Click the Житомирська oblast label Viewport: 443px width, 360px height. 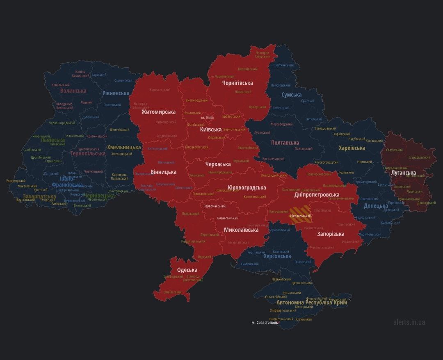click(158, 112)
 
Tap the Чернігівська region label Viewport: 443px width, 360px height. click(237, 83)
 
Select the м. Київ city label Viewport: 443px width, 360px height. click(207, 118)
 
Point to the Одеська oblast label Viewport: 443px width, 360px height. click(187, 270)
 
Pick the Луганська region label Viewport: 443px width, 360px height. click(403, 173)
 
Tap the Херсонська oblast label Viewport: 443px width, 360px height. click(277, 256)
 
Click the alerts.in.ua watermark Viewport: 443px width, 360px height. click(409, 322)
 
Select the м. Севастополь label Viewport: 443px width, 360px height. click(265, 323)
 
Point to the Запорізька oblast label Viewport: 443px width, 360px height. click(331, 234)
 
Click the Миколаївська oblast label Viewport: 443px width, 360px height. click(241, 230)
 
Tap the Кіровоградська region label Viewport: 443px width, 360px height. click(247, 188)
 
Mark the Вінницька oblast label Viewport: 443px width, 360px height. click(163, 172)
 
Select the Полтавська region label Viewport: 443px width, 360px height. click(285, 143)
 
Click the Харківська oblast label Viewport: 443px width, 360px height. click(352, 148)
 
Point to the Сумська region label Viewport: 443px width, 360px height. click(291, 95)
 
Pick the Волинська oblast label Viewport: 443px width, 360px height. click(73, 91)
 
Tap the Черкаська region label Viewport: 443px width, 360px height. click(218, 164)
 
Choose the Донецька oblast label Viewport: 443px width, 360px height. click(376, 206)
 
